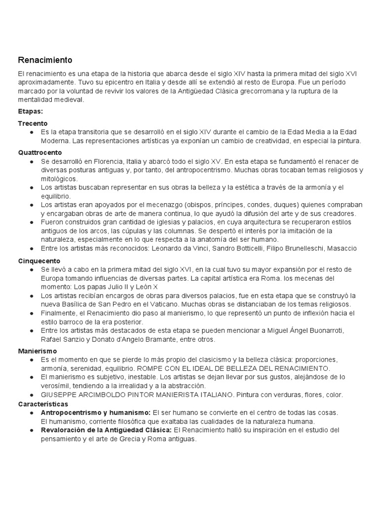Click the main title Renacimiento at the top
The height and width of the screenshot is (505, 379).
(x=45, y=60)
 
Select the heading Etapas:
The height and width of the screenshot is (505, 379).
(x=30, y=111)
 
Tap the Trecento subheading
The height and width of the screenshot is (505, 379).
(x=33, y=123)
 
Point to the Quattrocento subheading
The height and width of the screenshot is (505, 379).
(x=40, y=152)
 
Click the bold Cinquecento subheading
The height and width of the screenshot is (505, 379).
(x=39, y=260)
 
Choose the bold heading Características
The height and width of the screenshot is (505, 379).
(x=43, y=403)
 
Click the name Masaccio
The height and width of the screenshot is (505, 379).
(x=341, y=248)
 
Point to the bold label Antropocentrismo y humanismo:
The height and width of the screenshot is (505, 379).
(x=96, y=412)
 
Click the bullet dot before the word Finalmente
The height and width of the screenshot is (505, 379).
(x=32, y=313)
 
